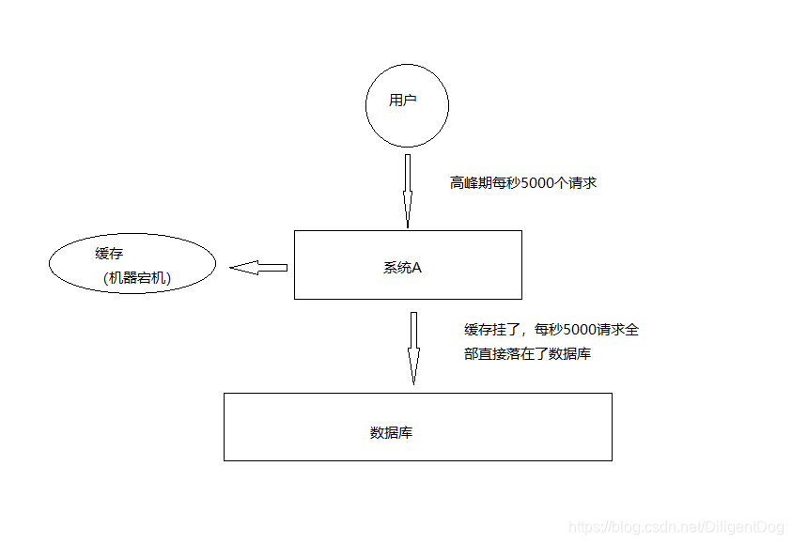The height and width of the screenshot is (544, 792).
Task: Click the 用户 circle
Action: pyautogui.click(x=407, y=104)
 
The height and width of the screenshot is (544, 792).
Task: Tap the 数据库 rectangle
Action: pyautogui.click(x=417, y=427)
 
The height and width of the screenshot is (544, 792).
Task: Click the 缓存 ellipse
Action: pyautogui.click(x=132, y=265)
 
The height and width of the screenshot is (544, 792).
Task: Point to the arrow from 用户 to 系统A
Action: pyautogui.click(x=408, y=191)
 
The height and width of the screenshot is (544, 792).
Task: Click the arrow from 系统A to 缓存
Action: pyautogui.click(x=258, y=268)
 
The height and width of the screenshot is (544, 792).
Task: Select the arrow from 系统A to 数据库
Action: pyautogui.click(x=412, y=348)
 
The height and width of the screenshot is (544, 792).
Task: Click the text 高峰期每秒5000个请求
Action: pyautogui.click(x=523, y=183)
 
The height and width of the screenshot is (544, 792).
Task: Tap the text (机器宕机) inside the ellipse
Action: pyautogui.click(x=139, y=278)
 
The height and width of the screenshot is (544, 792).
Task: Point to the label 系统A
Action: pyautogui.click(x=402, y=268)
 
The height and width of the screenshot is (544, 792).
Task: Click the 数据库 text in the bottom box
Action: pyautogui.click(x=392, y=433)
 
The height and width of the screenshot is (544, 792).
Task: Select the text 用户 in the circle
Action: pyautogui.click(x=402, y=101)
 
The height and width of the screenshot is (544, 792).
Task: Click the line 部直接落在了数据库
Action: pyautogui.click(x=527, y=355)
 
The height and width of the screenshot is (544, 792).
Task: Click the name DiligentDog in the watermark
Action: pyautogui.click(x=750, y=529)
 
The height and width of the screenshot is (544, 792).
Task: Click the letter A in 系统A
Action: pyautogui.click(x=416, y=268)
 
